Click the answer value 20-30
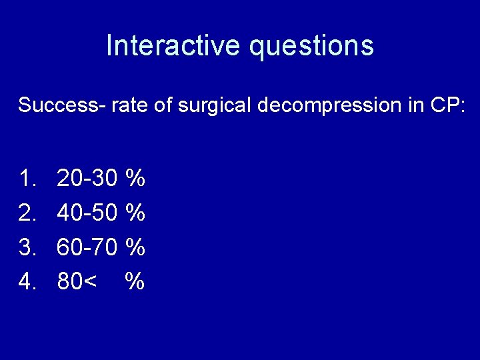[87, 178]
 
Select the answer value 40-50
[87, 213]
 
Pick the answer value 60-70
[87, 247]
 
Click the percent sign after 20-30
[135, 178]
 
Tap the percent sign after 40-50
[135, 213]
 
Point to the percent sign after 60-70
[135, 247]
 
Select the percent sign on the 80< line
[135, 282]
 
